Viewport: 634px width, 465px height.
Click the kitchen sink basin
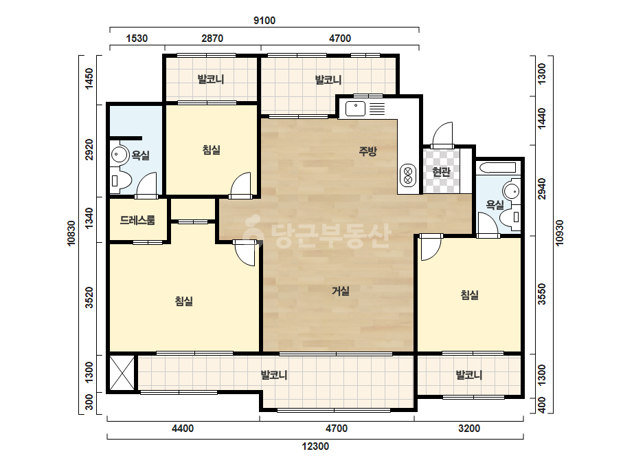point(355,109)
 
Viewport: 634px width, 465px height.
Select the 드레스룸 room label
point(137,220)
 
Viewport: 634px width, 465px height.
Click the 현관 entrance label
point(441,172)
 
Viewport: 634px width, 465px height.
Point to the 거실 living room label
point(341,290)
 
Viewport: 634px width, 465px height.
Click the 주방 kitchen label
point(368,151)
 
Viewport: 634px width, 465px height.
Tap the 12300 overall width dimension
point(315,446)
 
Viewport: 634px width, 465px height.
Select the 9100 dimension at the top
point(264,20)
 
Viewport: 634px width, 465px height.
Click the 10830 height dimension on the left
point(71,233)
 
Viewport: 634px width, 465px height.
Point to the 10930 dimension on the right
point(559,232)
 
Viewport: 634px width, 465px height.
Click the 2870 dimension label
point(212,39)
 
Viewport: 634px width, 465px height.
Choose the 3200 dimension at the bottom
point(469,428)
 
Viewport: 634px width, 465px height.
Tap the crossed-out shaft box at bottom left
point(122,373)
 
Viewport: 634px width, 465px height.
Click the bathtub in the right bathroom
point(497,168)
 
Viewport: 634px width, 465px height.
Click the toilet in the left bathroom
point(120,181)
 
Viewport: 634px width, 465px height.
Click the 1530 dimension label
point(137,39)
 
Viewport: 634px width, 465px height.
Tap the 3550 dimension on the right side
point(542,294)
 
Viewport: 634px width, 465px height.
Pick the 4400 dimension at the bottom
point(183,428)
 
